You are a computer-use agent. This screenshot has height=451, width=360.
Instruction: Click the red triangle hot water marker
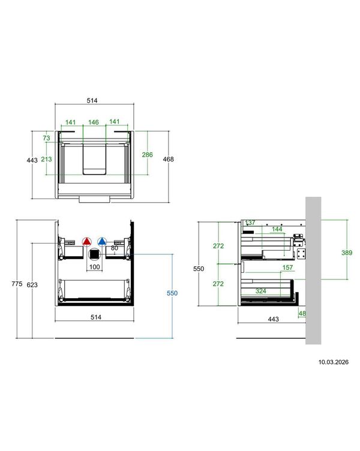[x=86, y=242]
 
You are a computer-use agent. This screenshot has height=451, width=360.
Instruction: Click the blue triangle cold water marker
[x=102, y=242]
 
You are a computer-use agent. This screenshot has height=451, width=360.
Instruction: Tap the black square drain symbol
[x=94, y=254]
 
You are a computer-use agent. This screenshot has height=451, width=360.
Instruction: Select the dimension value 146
[x=94, y=122]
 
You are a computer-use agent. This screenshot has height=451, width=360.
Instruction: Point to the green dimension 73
[x=46, y=138]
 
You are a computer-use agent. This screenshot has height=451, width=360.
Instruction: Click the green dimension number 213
[x=46, y=159]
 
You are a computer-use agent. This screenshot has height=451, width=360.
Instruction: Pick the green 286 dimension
[x=148, y=155]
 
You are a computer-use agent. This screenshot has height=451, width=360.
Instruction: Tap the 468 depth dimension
[x=169, y=159]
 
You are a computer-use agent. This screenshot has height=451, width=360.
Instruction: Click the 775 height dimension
[x=17, y=284]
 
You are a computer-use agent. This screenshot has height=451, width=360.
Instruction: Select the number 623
[x=32, y=285]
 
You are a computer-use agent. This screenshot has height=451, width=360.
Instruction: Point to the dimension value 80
[x=114, y=248]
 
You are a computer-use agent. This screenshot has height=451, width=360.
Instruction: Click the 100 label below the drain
[x=94, y=267]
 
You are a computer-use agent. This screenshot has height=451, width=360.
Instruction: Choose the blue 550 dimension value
[x=172, y=293]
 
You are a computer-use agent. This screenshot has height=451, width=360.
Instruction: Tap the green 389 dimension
[x=347, y=252]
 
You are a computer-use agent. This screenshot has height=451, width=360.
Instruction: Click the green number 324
[x=261, y=291]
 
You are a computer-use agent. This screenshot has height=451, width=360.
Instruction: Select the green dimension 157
[x=287, y=267]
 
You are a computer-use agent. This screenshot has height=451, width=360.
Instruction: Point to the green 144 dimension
[x=277, y=229]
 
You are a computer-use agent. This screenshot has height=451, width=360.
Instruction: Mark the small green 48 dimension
[x=302, y=314]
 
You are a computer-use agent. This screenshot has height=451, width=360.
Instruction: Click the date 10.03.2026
[x=333, y=362]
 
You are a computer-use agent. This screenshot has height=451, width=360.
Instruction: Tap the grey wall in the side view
[x=313, y=270]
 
